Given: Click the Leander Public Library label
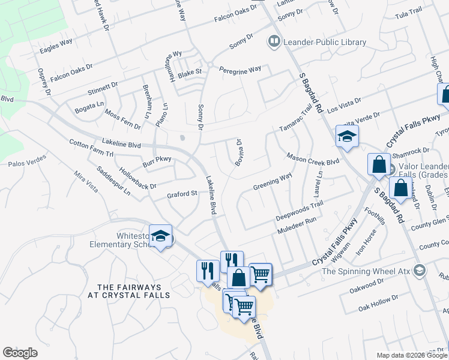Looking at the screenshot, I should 325,42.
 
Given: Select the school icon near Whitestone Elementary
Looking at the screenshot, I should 161,237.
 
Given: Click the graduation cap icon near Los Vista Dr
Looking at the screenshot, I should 347,137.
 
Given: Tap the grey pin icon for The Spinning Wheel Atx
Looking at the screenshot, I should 419,271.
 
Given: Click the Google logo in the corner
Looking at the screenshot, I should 20,353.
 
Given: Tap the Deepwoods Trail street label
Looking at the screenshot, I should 299,209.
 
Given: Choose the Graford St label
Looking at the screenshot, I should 182,194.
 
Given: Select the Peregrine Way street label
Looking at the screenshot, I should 240,69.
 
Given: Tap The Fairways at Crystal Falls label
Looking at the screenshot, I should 129,291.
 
